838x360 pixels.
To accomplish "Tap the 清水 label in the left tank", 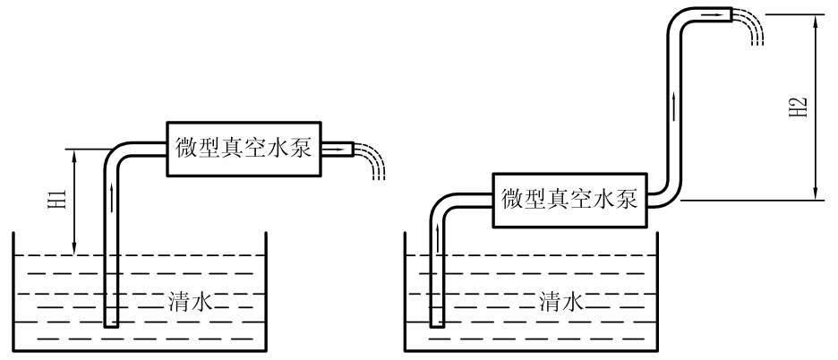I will [x=189, y=302].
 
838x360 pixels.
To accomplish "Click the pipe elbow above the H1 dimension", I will [x=115, y=152].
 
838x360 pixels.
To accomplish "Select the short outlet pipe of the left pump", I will [x=338, y=149].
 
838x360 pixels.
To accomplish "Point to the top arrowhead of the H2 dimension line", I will [x=817, y=20].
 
